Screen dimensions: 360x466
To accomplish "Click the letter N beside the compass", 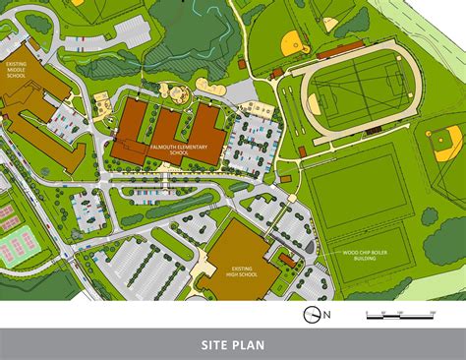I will (328, 314).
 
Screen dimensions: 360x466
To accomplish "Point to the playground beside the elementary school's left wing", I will (103, 102).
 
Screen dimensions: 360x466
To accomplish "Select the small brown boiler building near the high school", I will (287, 258).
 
